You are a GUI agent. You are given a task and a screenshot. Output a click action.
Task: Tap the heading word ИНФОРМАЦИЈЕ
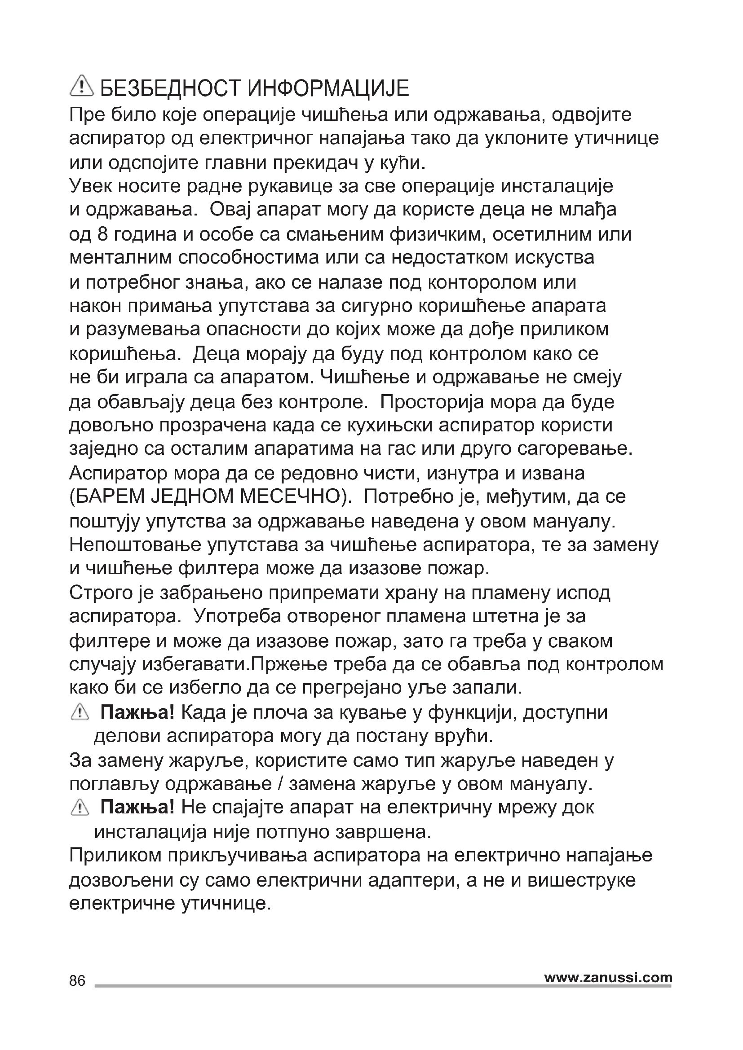(x=328, y=88)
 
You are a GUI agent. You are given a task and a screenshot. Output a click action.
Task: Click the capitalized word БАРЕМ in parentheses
(x=108, y=496)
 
